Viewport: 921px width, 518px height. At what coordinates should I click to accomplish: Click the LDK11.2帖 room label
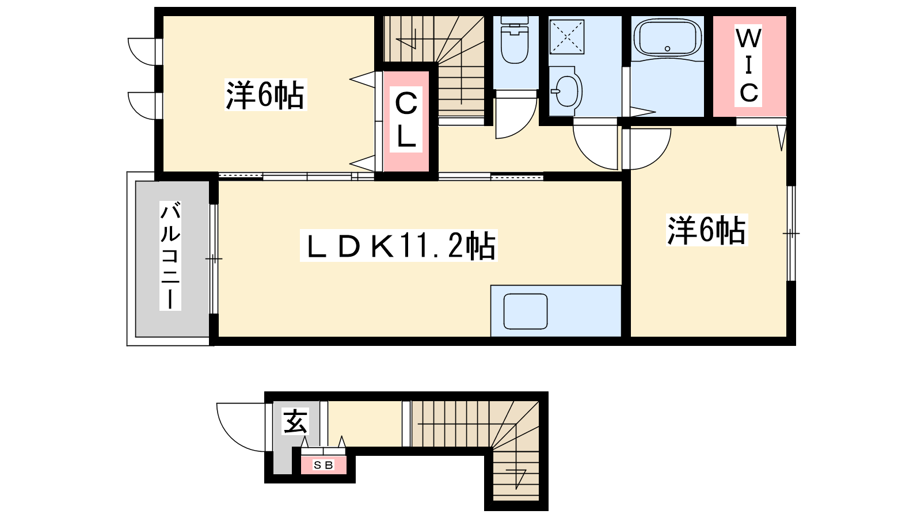tap(399, 245)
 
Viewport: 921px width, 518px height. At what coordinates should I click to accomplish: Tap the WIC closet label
tap(748, 66)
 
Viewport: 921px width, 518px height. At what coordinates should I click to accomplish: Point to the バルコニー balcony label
tap(170, 256)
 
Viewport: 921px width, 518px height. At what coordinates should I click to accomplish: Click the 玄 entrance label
tap(295, 421)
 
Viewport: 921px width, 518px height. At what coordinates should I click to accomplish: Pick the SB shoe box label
tap(323, 465)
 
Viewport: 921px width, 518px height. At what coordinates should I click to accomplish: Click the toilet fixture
tap(515, 40)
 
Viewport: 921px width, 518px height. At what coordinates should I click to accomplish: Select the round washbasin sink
tap(566, 92)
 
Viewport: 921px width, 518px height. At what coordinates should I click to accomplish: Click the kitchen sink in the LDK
tap(526, 311)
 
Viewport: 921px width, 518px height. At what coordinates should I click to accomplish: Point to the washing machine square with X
tap(566, 37)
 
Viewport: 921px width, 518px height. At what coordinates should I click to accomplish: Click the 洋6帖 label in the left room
tap(265, 95)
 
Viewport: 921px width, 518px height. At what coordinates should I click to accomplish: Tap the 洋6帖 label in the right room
tap(706, 230)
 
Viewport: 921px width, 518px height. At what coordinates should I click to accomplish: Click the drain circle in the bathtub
tap(667, 49)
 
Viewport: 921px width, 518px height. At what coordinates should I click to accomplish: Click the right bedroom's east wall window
tap(791, 234)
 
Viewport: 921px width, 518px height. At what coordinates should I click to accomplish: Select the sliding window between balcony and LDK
tap(214, 259)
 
